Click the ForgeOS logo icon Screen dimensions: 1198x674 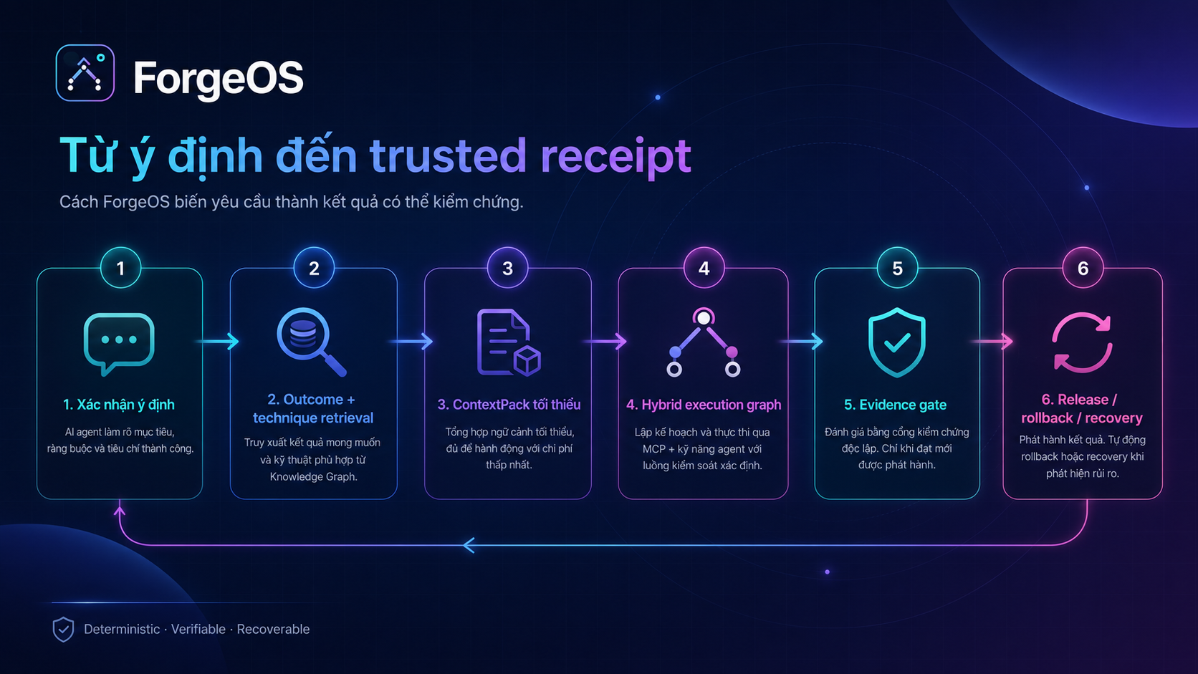(85, 72)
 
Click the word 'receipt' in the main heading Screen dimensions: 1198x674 (615, 156)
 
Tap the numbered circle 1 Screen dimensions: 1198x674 (121, 268)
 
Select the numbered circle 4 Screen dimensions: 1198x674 (704, 268)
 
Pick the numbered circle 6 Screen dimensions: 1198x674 (1083, 268)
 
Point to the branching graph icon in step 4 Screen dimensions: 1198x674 (704, 342)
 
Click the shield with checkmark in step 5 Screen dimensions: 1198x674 (897, 342)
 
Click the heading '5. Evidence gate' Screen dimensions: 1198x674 (896, 405)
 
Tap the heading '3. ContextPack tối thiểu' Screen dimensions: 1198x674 (509, 405)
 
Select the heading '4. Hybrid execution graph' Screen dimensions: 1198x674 (704, 405)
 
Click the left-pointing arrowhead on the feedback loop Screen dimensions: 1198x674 (469, 545)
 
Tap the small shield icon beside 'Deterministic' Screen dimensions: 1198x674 (63, 629)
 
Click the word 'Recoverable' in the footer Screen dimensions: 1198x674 (273, 629)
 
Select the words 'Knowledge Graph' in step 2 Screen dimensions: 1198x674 (313, 477)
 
